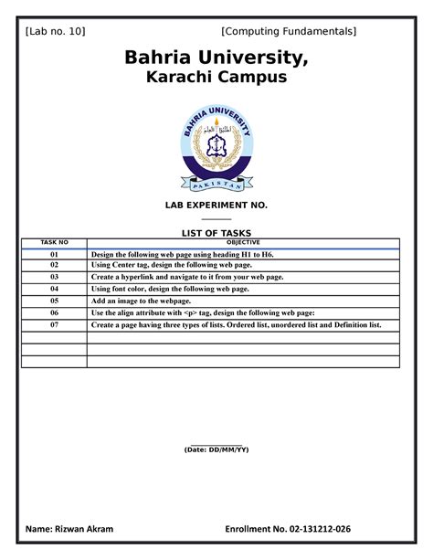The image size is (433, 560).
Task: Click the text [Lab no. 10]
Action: click(56, 32)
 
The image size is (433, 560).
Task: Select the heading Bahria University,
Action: click(216, 60)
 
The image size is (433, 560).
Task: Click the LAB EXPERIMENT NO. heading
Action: click(216, 207)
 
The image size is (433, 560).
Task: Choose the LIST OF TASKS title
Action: click(216, 233)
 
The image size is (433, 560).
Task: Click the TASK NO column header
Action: click(54, 242)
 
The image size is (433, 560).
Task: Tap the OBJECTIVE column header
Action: click(242, 242)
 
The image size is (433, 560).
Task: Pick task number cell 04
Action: click(54, 288)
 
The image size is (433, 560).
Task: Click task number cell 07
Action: click(54, 324)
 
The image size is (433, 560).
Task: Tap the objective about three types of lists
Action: click(236, 324)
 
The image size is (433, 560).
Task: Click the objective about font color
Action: click(170, 288)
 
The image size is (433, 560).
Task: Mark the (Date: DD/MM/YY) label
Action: click(216, 449)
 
